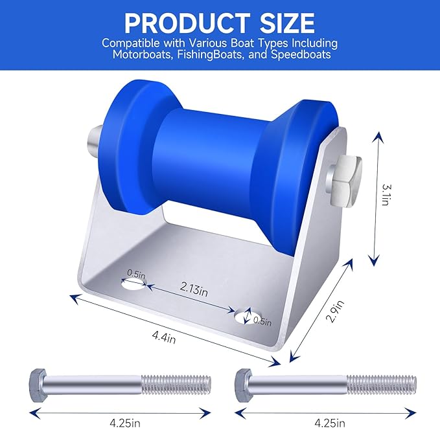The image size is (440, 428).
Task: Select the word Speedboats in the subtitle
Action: point(303,54)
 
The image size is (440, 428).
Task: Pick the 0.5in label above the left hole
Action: point(136,273)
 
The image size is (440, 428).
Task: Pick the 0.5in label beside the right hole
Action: point(262,320)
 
